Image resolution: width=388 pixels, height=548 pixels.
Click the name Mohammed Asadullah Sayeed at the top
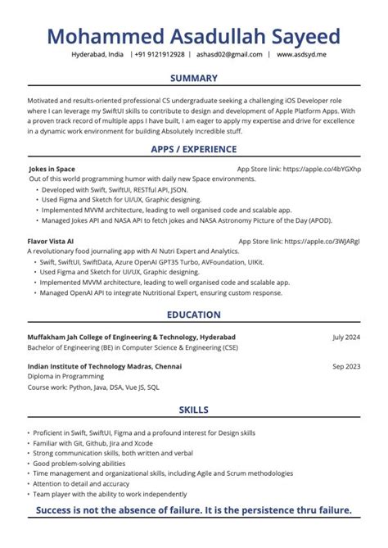click(x=194, y=37)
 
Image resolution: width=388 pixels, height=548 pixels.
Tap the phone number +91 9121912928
click(x=160, y=55)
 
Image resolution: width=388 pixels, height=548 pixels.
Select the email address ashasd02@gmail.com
click(x=230, y=55)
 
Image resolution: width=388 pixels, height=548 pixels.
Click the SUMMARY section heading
click(x=194, y=78)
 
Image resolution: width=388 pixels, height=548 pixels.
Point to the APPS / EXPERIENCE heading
click(x=194, y=149)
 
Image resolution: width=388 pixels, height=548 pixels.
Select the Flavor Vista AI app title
click(x=51, y=242)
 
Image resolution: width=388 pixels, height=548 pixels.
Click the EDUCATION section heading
click(x=194, y=315)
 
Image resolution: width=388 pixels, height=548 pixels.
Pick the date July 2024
click(x=346, y=337)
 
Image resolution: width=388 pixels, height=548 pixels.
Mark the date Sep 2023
click(x=346, y=366)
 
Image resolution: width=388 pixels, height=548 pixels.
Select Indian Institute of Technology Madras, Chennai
click(x=105, y=366)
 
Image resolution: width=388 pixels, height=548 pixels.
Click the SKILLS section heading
click(x=194, y=410)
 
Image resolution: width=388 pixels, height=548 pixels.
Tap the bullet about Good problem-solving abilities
click(x=78, y=464)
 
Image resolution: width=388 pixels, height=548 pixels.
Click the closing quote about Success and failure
click(x=194, y=511)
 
